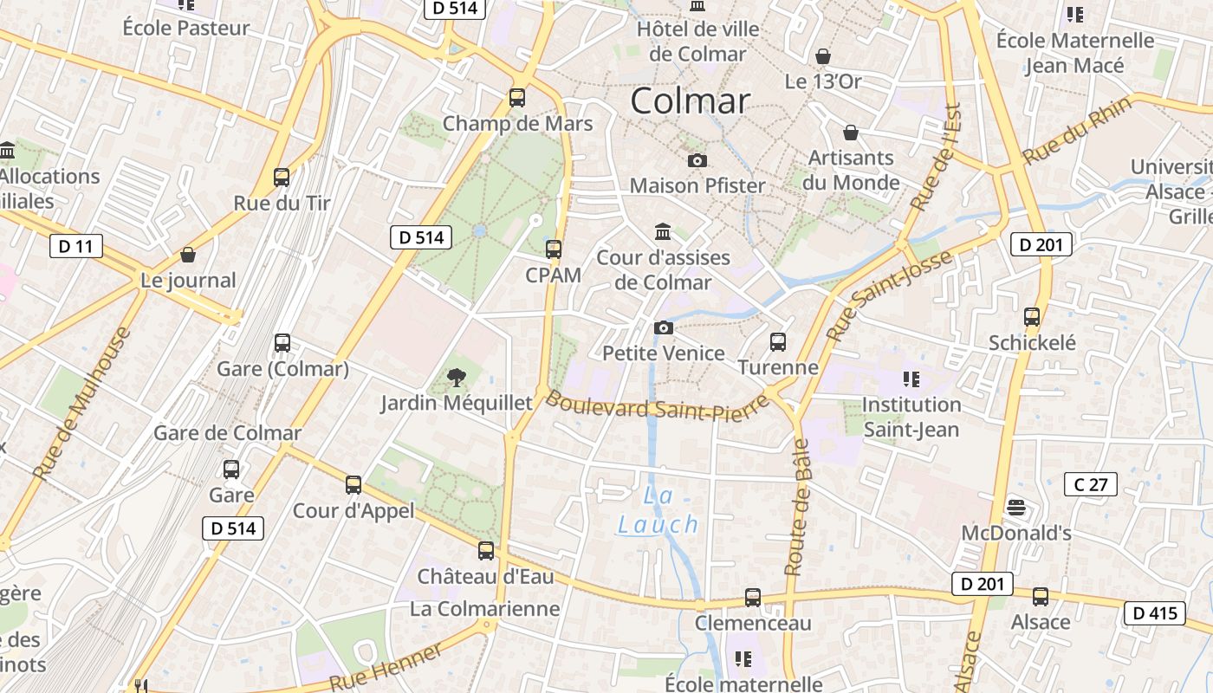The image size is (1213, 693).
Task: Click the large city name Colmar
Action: point(690,101)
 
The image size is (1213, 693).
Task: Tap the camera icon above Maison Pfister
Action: point(697,161)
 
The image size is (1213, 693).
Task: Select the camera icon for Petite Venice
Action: point(663,327)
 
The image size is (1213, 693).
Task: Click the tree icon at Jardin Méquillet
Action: point(456,377)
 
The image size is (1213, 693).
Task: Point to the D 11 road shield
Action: point(75,247)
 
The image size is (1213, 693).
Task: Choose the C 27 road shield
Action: point(1090,484)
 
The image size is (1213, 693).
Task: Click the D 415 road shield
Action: point(1155,613)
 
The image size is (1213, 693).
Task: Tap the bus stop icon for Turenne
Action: point(778,342)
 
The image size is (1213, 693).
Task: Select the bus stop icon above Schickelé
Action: point(1031,317)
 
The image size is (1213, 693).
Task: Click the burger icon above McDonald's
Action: point(1016,508)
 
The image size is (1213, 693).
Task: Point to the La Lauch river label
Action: point(658,511)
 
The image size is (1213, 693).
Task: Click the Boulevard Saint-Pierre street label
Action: point(658,405)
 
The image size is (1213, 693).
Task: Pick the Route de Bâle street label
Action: point(797,508)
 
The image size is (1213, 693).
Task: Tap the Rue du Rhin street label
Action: point(1078,131)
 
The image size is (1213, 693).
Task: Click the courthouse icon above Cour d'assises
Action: point(664,231)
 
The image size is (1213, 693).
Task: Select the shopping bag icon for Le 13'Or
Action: point(823,56)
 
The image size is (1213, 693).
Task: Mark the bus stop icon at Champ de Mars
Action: point(517,98)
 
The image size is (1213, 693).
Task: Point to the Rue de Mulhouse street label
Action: point(82,403)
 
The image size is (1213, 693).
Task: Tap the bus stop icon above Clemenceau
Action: point(753,598)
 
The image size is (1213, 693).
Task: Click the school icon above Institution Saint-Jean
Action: point(911,379)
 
